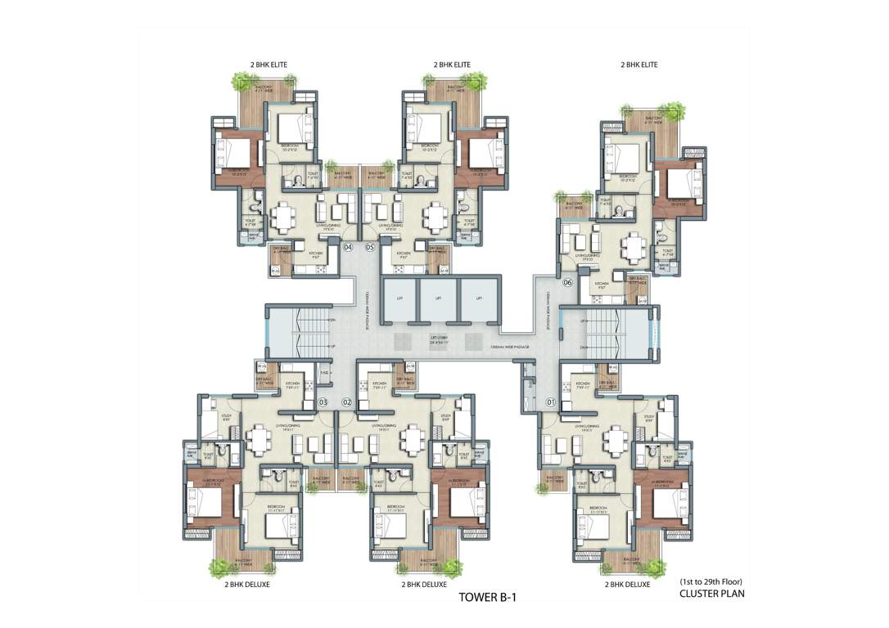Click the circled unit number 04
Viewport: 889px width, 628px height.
(x=348, y=246)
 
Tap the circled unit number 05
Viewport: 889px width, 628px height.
(x=370, y=246)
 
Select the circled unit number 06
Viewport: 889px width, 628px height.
(x=567, y=283)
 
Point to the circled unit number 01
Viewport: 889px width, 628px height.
(x=550, y=401)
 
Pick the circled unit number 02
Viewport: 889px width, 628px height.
(x=346, y=401)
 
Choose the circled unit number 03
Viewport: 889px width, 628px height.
(x=323, y=401)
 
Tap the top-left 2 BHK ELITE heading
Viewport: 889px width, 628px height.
(x=269, y=64)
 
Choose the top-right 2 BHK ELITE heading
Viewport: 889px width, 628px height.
(x=639, y=64)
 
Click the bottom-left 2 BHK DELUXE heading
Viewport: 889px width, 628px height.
(x=247, y=585)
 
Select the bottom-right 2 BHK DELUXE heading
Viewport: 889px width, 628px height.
(x=627, y=585)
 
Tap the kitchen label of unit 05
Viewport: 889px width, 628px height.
(x=403, y=255)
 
